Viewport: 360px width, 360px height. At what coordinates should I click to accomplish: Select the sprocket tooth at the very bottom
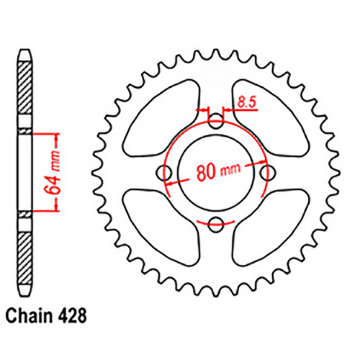click(217, 290)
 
